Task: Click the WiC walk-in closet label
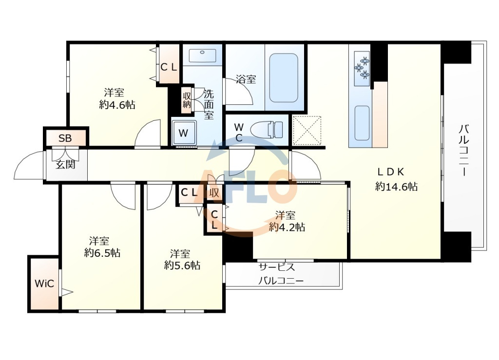(44, 284)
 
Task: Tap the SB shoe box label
(65, 138)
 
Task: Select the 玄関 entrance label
(66, 165)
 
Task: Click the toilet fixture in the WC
(267, 130)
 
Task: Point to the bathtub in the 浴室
(284, 78)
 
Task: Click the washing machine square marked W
(184, 133)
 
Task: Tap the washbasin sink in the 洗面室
(202, 56)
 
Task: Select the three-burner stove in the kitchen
(362, 67)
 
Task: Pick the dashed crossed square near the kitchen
(307, 131)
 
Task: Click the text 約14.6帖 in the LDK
(397, 187)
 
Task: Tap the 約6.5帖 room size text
(102, 253)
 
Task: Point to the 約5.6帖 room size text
(182, 265)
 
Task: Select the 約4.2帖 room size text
(287, 227)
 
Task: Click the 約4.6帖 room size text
(117, 104)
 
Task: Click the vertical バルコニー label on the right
(464, 150)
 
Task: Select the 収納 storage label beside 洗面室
(187, 100)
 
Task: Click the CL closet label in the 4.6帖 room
(169, 67)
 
